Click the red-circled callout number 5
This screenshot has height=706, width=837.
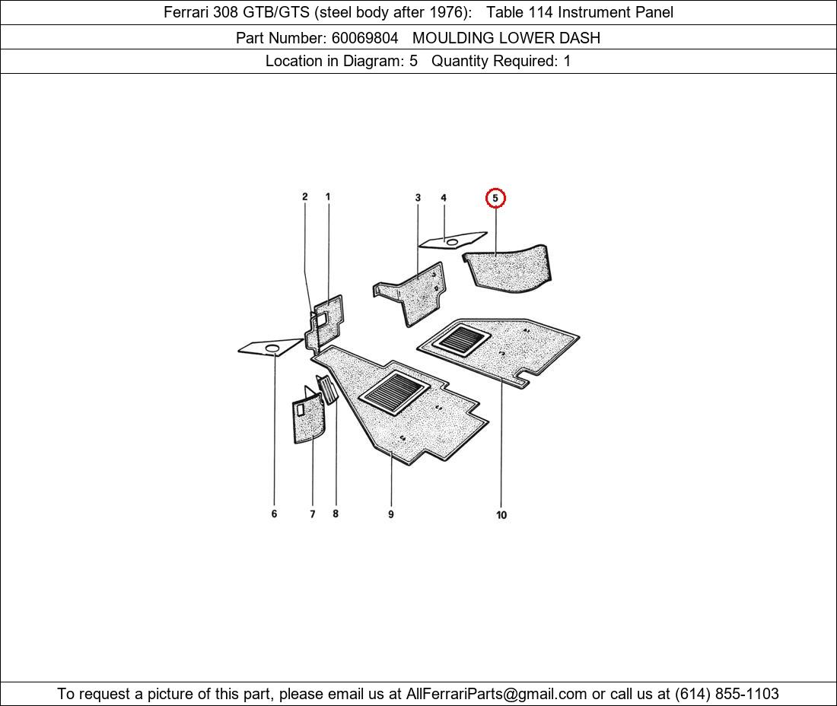(495, 198)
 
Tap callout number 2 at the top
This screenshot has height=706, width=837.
(305, 196)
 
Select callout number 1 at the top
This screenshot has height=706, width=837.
(328, 196)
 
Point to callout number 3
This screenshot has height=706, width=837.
(418, 198)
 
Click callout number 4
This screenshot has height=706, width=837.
(444, 198)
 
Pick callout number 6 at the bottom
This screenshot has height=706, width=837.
(275, 514)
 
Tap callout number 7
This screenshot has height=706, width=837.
(312, 514)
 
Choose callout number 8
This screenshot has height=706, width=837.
(336, 514)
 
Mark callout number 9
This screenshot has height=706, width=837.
(391, 514)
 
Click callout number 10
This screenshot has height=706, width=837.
(501, 515)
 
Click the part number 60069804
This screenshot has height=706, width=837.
(364, 38)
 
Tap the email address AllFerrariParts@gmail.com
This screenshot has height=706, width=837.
(496, 694)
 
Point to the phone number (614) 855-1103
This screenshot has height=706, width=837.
(727, 694)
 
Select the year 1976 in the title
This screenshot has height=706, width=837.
(446, 12)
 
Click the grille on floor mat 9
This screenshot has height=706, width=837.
(394, 393)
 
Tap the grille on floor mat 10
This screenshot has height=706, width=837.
(461, 341)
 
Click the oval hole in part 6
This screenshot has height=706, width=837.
(272, 348)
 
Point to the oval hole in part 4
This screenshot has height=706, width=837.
(452, 243)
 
